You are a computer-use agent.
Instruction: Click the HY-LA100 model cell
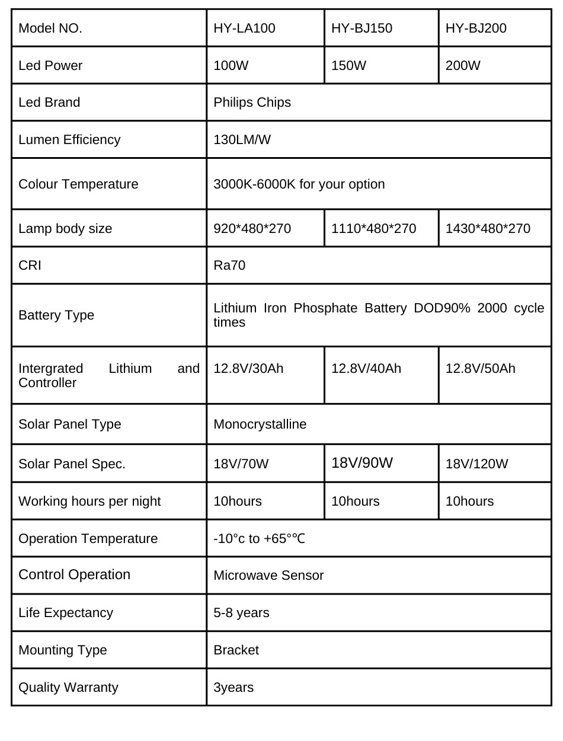pos(244,28)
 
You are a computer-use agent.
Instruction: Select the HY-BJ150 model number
pos(362,28)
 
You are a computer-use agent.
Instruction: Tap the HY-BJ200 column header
pos(476,28)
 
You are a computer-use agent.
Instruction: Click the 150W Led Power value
pos(348,66)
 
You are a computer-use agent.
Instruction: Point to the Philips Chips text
pos(252,103)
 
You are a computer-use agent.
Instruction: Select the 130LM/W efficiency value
pos(242,140)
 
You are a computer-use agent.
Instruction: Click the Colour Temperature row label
pos(78,184)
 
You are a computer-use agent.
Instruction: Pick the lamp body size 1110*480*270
pos(373,229)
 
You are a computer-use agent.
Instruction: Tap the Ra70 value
pos(229,266)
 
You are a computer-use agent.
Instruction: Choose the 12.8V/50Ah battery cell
pos(480,369)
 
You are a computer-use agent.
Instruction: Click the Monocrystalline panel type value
pos(260,424)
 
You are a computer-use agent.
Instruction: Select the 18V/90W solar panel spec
pos(362,463)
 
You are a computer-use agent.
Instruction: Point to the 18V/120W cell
pos(476,464)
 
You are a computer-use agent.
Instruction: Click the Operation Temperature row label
pos(88,539)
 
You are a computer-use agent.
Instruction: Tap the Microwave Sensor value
pos(268,576)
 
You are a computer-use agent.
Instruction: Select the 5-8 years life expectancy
pos(241,613)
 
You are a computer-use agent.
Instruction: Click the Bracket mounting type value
pos(236,650)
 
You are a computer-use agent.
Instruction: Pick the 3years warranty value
pos(233,688)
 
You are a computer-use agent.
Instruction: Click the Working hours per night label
pos(89,502)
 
